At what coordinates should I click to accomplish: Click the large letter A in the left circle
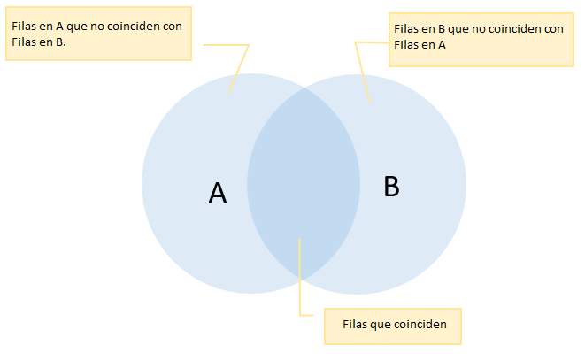218,193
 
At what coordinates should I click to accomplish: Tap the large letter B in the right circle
392,187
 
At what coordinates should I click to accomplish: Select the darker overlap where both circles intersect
304,186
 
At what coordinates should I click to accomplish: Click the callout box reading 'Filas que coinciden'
394,325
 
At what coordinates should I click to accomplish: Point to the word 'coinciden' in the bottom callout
420,325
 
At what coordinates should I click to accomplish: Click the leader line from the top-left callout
240,67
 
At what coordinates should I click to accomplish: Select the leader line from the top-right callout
362,71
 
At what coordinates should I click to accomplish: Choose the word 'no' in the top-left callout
99,27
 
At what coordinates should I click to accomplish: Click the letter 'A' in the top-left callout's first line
58,27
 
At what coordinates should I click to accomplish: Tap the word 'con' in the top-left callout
173,27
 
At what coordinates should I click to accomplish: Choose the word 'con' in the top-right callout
555,29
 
